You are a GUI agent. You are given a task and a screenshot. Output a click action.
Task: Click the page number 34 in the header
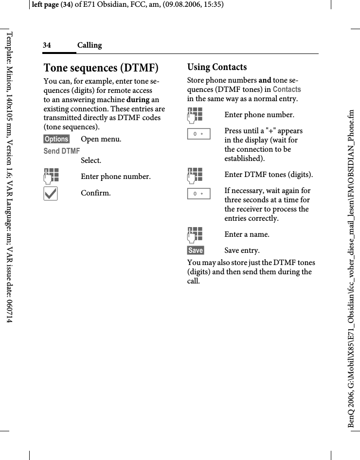[47, 45]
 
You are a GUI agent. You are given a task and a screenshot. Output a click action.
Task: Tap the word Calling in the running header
[90, 45]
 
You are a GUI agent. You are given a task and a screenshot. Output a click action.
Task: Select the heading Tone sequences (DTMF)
[101, 67]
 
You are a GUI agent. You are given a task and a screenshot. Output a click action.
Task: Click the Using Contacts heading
[217, 67]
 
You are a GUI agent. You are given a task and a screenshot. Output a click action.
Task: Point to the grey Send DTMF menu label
[62, 151]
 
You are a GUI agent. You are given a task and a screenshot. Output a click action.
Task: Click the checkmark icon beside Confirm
[50, 193]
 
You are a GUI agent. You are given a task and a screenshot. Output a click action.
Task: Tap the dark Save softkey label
[196, 250]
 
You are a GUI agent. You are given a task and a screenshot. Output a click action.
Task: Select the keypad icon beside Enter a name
[195, 234]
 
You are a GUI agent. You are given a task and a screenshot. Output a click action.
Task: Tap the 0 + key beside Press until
[198, 133]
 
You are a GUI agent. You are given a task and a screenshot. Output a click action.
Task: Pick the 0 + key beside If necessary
[198, 194]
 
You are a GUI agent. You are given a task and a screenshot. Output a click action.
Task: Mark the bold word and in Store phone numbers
[265, 80]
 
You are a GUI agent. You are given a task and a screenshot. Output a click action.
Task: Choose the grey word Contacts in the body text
[287, 89]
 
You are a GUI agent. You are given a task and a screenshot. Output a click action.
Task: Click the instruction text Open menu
[101, 139]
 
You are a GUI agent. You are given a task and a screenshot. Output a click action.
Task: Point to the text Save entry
[242, 250]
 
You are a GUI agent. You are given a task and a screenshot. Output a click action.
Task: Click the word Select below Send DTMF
[91, 160]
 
